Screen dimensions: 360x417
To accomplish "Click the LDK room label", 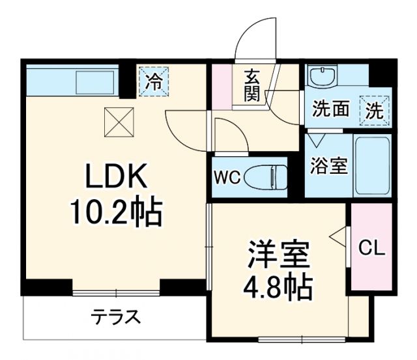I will (115, 176).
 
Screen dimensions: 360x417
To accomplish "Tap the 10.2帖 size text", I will (115, 212).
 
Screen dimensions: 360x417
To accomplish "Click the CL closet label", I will (372, 248).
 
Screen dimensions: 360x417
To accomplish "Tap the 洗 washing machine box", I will (376, 109).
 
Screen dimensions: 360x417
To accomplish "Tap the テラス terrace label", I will (115, 318).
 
